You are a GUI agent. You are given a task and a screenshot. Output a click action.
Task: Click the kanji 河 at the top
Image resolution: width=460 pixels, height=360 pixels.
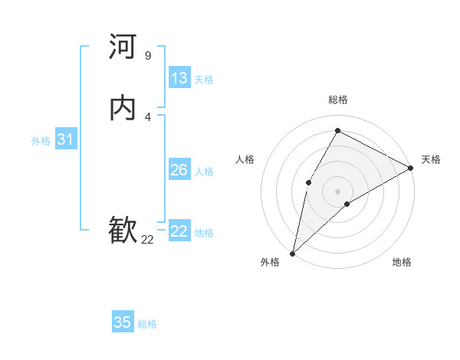pos(123,47)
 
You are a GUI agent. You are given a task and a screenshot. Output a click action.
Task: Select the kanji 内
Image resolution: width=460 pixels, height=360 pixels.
pos(123,108)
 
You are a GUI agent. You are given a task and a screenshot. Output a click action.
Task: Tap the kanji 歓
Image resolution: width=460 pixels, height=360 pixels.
pos(123,231)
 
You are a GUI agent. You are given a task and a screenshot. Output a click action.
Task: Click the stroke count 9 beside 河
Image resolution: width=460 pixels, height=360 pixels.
pos(147,55)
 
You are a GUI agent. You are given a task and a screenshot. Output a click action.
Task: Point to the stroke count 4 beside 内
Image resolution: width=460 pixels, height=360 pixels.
pos(147,116)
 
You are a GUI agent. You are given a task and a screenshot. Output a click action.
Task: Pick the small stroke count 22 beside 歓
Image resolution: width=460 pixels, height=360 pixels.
pos(147,239)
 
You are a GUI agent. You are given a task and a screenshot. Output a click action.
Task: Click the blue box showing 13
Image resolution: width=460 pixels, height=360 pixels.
pos(179,78)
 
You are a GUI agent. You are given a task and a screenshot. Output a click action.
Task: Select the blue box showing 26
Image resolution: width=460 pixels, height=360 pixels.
pos(179,170)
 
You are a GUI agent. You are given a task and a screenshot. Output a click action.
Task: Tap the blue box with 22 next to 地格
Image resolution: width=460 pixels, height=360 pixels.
pos(179,231)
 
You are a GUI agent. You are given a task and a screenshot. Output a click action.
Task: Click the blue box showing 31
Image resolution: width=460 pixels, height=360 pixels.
pos(65,139)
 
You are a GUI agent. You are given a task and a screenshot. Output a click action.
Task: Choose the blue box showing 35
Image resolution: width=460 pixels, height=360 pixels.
pos(123,322)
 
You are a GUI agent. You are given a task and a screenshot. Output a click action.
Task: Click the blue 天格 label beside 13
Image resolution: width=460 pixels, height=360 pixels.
pos(203,80)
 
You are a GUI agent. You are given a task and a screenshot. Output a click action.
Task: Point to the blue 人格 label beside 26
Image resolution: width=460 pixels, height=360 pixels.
pos(205,172)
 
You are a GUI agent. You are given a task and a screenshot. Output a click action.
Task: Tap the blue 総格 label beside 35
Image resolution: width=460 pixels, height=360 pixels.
pos(147,324)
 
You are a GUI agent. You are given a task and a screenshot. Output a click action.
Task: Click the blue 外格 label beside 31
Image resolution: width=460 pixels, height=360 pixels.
pos(41,141)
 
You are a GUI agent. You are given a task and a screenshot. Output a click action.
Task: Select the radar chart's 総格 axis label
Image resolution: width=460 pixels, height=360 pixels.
pos(337,100)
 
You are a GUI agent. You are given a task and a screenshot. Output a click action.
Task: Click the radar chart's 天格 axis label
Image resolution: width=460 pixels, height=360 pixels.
pos(431,159)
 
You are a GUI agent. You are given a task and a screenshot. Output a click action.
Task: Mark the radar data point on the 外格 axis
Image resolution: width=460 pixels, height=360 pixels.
pos(292,253)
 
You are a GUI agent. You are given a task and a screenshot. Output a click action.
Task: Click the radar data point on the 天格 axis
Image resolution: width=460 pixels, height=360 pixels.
pos(411,167)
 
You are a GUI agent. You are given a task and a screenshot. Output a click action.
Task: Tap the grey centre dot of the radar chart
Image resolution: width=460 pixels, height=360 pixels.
pos(337,191)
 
